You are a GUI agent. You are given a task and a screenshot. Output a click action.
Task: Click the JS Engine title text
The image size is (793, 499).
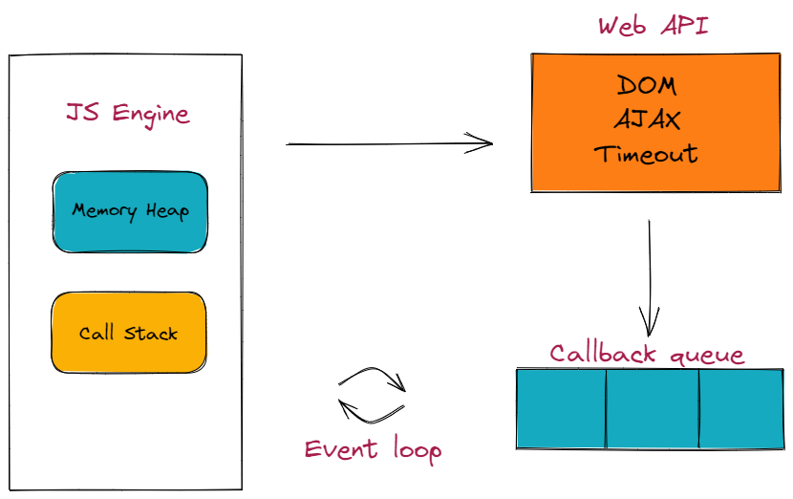click(x=127, y=114)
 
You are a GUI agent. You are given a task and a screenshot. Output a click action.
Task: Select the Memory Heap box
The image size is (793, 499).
click(x=130, y=212)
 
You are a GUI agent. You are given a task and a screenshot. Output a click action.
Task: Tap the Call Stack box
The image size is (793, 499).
click(x=128, y=333)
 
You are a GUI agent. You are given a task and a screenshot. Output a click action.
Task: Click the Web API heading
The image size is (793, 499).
click(x=654, y=26)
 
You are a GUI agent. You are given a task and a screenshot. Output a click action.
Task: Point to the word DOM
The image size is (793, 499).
click(x=647, y=86)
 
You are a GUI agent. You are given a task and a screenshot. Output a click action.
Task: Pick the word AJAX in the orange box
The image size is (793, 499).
click(x=647, y=120)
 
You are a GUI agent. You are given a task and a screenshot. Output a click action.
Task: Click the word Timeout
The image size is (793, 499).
click(x=646, y=154)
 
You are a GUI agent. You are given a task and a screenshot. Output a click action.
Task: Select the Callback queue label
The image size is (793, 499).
click(x=647, y=354)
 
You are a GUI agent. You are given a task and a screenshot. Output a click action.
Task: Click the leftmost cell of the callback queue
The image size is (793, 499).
click(x=561, y=408)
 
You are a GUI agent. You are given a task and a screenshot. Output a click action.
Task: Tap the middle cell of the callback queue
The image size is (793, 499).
click(x=653, y=408)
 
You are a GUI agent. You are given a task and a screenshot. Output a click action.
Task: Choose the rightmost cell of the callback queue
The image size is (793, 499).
click(x=741, y=408)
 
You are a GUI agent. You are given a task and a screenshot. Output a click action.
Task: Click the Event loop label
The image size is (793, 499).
click(x=373, y=449)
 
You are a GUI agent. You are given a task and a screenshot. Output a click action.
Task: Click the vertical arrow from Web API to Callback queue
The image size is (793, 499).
click(x=650, y=272)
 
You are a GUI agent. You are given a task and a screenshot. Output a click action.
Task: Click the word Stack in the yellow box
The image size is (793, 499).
click(x=152, y=334)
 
